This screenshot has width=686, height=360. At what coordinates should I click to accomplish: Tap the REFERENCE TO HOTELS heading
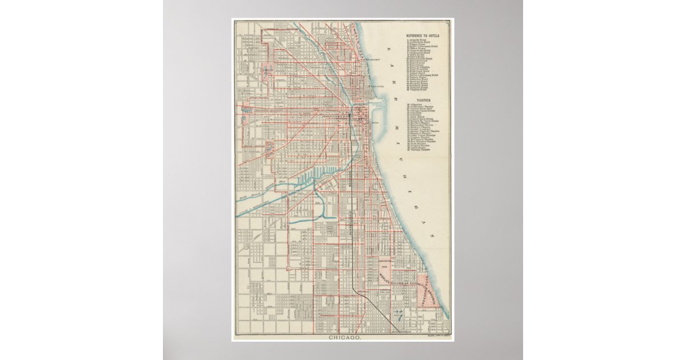pos(426,35)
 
